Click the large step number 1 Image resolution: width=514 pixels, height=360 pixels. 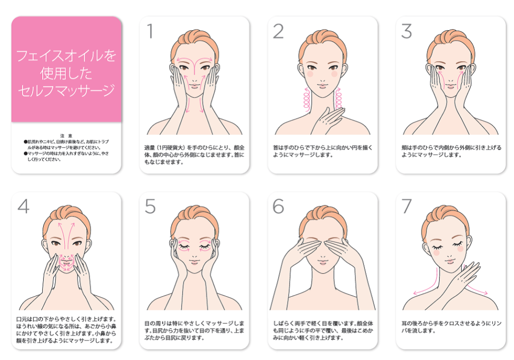click(150, 32)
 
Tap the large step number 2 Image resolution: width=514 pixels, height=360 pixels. click(278, 32)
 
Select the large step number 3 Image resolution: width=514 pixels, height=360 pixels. click(407, 32)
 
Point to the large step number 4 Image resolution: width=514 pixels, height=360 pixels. click(23, 206)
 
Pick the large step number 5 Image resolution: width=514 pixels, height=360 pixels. click(150, 206)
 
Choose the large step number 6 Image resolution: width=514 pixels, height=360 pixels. click(278, 206)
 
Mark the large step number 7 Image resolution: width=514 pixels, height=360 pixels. click(407, 206)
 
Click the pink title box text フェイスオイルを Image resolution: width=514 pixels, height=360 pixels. click(66, 56)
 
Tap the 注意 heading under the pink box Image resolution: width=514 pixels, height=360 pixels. click(66, 136)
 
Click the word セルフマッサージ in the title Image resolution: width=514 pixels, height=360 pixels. click(66, 90)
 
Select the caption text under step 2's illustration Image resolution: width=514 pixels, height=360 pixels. click(323, 151)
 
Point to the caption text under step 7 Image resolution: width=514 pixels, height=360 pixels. click(451, 327)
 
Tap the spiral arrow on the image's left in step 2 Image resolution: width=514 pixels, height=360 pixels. click(307, 99)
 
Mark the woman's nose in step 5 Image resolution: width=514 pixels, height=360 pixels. click(195, 254)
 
